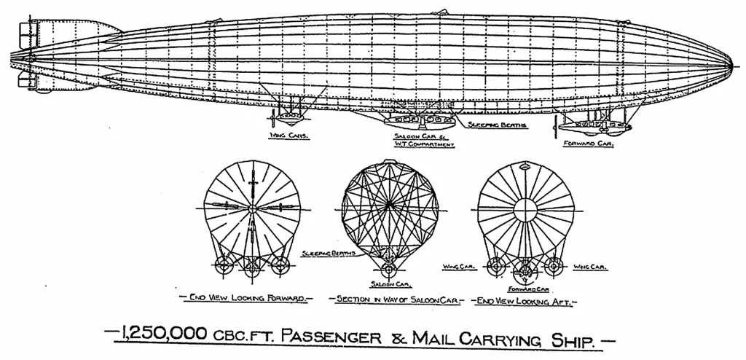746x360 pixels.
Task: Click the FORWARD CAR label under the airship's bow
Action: [588, 144]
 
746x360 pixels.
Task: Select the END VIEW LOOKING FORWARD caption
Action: [246, 299]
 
